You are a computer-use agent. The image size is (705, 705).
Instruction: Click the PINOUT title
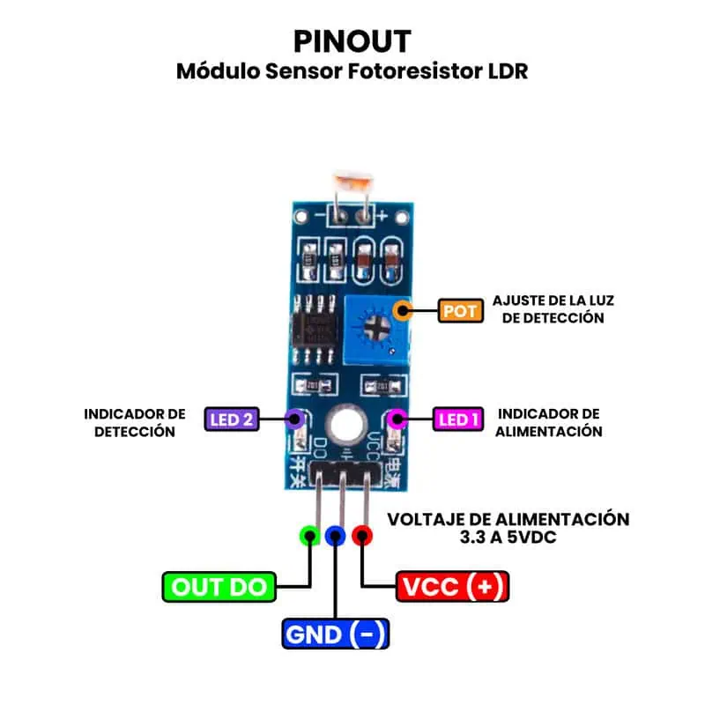[x=352, y=41]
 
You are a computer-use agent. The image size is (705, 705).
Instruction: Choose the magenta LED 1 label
[x=458, y=419]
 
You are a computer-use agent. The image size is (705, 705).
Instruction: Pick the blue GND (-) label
[x=336, y=634]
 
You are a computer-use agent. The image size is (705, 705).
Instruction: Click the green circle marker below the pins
[x=308, y=535]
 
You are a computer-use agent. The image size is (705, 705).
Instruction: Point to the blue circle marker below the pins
[x=336, y=535]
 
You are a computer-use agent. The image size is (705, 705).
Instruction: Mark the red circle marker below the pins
[x=362, y=535]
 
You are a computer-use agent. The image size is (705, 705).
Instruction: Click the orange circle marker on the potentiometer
[x=404, y=309]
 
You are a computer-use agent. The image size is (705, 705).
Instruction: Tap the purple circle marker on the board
[x=295, y=419]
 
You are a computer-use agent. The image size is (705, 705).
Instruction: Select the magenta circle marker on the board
[x=397, y=419]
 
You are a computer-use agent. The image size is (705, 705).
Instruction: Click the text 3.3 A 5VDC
[x=509, y=537]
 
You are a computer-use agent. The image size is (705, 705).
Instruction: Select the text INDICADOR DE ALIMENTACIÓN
[x=549, y=422]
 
